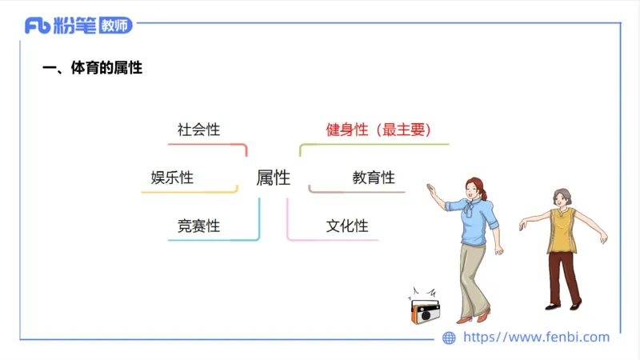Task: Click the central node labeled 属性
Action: click(x=273, y=178)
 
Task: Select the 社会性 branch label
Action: click(x=198, y=129)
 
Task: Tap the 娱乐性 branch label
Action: click(x=172, y=178)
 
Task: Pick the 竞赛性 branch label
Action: click(x=198, y=226)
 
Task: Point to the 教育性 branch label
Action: click(x=374, y=178)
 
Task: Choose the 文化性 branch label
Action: click(x=347, y=226)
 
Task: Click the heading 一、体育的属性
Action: click(x=92, y=68)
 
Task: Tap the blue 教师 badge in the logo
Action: click(x=116, y=26)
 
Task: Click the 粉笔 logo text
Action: click(x=74, y=26)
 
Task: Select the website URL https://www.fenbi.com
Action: click(x=536, y=337)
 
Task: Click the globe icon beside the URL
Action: click(x=449, y=338)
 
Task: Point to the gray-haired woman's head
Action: click(x=560, y=198)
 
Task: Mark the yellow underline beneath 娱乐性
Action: click(x=189, y=192)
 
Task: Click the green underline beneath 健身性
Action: click(x=376, y=144)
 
